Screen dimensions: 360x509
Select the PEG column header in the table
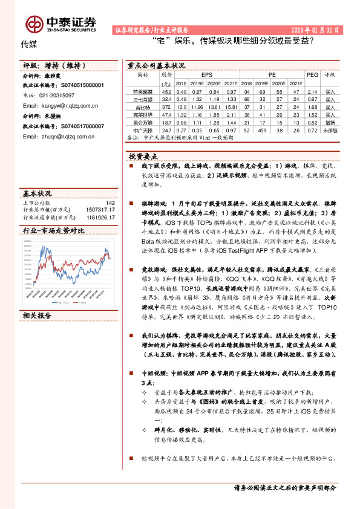(x=312, y=75)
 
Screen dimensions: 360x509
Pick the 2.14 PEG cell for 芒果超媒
(x=312, y=91)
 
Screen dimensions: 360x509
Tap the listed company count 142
(x=110, y=203)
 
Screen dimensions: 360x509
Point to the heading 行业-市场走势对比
(x=53, y=231)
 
